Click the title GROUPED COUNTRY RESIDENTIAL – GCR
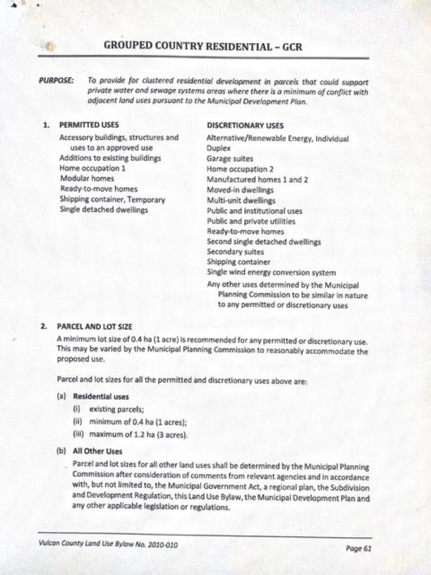(203, 46)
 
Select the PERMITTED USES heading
(89, 125)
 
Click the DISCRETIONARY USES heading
(245, 126)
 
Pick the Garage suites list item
(230, 159)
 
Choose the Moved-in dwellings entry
(240, 190)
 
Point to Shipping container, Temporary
(112, 200)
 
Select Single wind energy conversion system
(271, 273)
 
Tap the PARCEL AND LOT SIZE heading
(94, 326)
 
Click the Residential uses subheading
(101, 397)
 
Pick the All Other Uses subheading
(97, 451)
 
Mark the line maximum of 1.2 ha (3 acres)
(139, 436)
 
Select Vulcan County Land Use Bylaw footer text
(107, 545)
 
